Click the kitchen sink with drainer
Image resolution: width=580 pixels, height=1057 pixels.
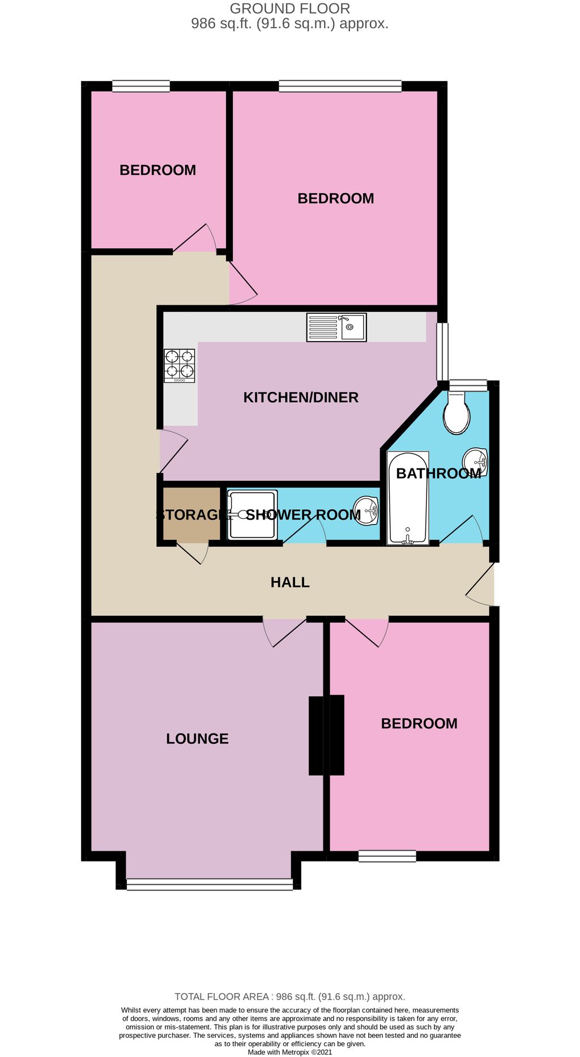click(x=336, y=327)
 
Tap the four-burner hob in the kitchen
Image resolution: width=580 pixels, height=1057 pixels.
click(x=180, y=365)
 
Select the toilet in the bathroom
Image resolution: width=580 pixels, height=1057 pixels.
click(x=457, y=414)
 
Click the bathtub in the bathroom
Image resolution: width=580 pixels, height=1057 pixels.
click(x=407, y=498)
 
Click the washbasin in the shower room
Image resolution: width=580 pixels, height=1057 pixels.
click(x=366, y=510)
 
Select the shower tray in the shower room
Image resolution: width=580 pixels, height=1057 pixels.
click(x=252, y=514)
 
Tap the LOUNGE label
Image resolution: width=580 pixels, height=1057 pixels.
click(x=197, y=738)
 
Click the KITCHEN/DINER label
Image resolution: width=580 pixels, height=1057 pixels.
click(x=301, y=397)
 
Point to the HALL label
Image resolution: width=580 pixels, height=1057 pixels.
click(x=290, y=582)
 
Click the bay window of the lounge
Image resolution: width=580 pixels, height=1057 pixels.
click(x=210, y=884)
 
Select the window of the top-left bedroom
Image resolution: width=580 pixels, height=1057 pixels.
click(x=141, y=86)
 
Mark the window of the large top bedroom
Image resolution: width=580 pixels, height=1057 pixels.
click(x=340, y=86)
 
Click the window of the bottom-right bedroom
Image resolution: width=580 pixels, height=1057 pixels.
click(x=387, y=856)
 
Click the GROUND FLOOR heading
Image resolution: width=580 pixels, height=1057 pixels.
click(x=290, y=8)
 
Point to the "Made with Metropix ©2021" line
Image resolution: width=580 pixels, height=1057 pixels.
click(x=290, y=1052)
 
